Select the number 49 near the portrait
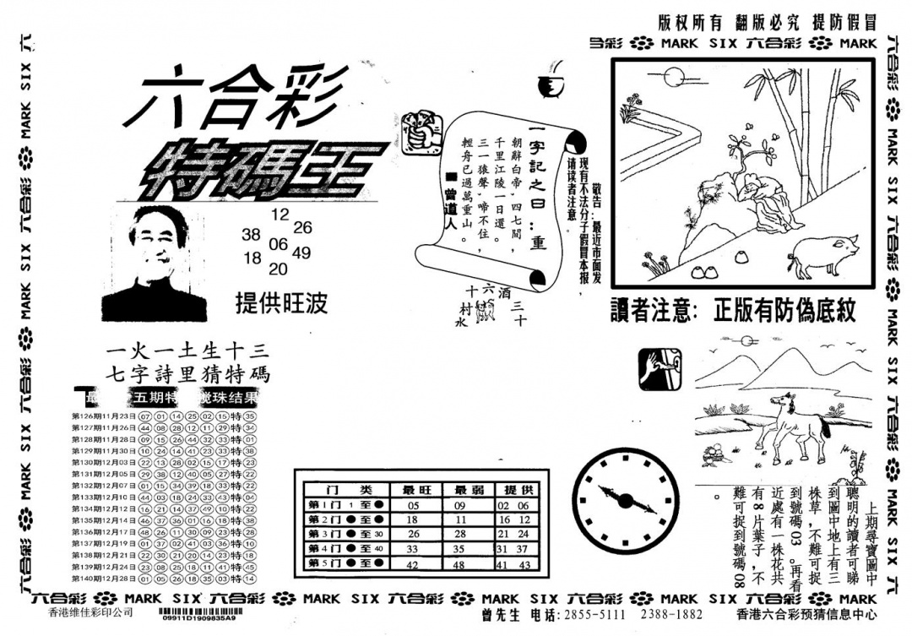(301, 252)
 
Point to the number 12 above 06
(280, 214)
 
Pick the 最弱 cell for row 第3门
(462, 534)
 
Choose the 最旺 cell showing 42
(413, 563)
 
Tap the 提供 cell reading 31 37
(514, 549)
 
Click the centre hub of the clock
(626, 501)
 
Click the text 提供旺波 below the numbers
(282, 304)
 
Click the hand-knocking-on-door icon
(660, 369)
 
